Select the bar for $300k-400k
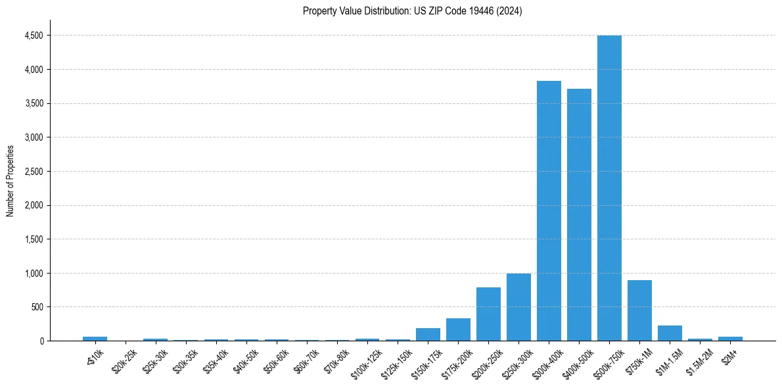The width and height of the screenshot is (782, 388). (549, 210)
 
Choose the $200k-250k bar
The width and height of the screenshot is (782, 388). (488, 314)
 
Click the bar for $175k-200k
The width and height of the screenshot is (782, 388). (458, 329)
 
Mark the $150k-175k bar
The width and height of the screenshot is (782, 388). (428, 334)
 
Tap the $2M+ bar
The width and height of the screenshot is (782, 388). (730, 339)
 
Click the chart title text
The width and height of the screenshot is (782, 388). (412, 11)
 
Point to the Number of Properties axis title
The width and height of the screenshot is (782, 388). (11, 180)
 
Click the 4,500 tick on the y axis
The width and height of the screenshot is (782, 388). (34, 36)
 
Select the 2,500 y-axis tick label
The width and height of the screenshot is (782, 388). (34, 172)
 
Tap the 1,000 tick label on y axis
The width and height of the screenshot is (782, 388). (34, 274)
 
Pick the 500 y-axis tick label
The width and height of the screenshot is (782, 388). (37, 307)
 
